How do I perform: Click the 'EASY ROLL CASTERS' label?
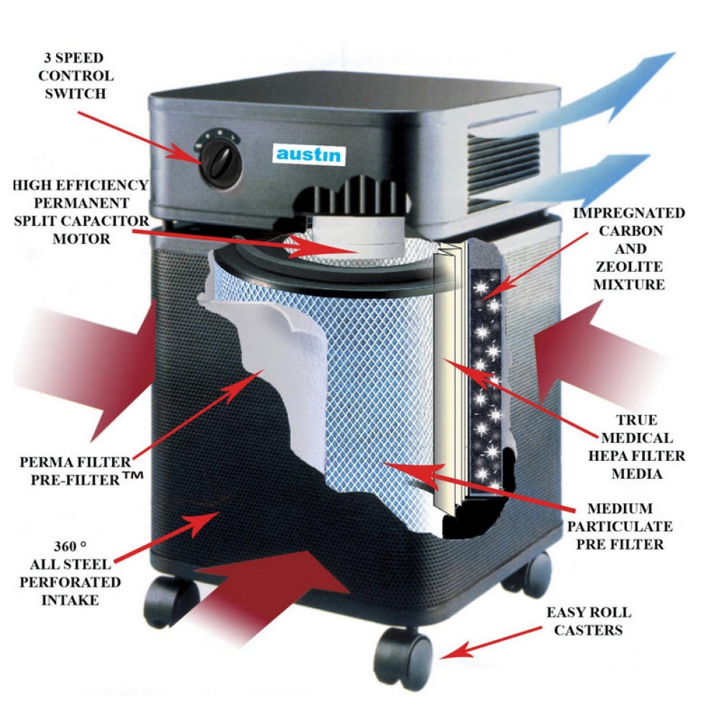click(x=589, y=621)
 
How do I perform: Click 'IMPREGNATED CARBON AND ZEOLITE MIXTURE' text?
click(x=630, y=249)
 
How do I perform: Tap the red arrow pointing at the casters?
click(x=497, y=639)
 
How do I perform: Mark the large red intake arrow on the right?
click(x=582, y=352)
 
